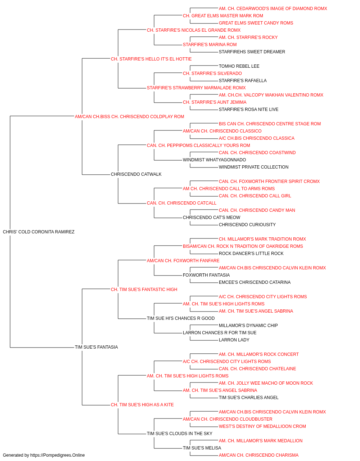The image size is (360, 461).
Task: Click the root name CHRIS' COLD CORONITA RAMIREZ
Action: point(39,232)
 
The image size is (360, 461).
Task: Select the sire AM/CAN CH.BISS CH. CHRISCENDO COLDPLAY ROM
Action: point(129,117)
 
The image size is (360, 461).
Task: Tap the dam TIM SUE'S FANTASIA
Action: point(96,347)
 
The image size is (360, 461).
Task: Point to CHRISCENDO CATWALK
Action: point(136,174)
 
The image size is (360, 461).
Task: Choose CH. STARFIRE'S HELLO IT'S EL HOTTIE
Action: point(151,59)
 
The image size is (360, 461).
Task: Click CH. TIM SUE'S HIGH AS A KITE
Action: point(142,405)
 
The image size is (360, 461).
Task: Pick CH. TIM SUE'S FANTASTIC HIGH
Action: point(144,290)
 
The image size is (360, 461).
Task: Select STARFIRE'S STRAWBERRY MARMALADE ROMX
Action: point(196,88)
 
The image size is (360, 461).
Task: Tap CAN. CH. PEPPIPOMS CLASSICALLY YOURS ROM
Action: point(198,146)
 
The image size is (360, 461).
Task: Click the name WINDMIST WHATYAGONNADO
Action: point(214,160)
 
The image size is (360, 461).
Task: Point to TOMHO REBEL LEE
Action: point(239,66)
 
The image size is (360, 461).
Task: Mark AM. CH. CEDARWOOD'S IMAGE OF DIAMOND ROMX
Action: point(273,9)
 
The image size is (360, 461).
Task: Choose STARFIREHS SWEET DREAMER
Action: point(252,52)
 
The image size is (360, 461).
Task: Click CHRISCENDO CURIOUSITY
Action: point(247,225)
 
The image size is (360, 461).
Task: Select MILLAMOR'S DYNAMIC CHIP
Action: point(248,326)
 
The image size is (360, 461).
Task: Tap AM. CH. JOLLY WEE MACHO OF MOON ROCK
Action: point(266,383)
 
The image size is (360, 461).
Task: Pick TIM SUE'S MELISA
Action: point(202,448)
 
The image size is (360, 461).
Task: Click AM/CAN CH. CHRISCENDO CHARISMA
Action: point(258,455)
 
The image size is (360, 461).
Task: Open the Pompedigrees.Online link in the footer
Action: point(57,455)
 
